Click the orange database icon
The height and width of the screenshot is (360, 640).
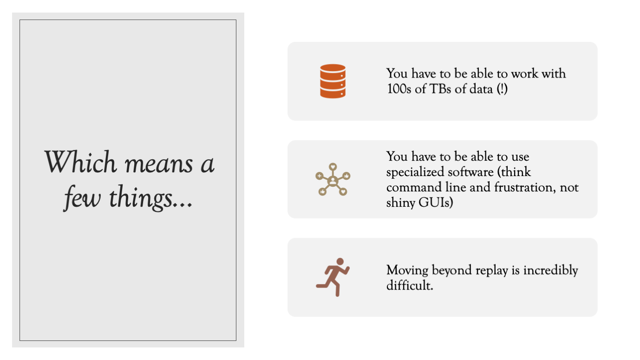click(x=333, y=81)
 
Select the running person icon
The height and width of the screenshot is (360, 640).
click(x=333, y=277)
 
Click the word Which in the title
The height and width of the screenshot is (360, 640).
click(x=80, y=162)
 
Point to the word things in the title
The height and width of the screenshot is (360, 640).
click(x=141, y=198)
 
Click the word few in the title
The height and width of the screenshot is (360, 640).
click(x=82, y=198)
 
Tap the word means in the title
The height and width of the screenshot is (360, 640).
click(x=159, y=165)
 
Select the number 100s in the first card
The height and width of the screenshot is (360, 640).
click(x=399, y=89)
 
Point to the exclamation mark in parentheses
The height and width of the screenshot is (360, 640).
click(x=502, y=89)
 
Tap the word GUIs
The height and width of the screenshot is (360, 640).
click(x=436, y=203)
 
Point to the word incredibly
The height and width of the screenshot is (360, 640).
click(x=550, y=270)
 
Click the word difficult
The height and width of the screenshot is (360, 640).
click(x=410, y=285)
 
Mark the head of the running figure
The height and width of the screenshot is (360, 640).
click(x=340, y=262)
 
